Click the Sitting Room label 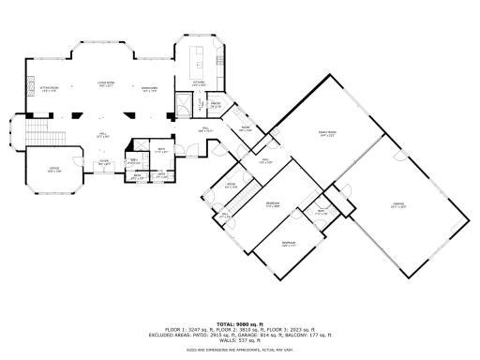(50, 90)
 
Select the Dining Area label (149, 90)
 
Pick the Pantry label (215, 105)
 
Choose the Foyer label (105, 161)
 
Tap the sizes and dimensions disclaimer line (239, 349)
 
